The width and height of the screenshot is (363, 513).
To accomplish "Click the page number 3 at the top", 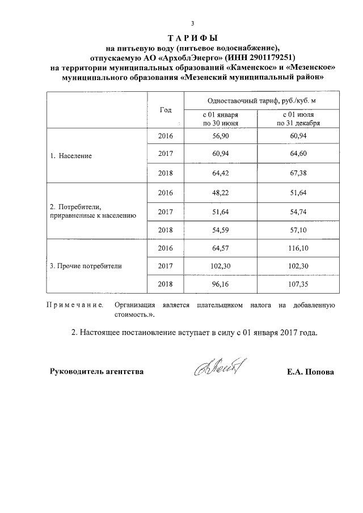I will [193, 23].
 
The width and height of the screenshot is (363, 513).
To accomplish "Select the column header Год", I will [166, 109].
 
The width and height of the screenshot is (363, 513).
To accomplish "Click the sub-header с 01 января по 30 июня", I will [221, 118].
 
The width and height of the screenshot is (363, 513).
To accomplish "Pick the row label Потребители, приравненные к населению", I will [91, 211].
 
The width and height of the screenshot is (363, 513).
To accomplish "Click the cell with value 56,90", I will [221, 137].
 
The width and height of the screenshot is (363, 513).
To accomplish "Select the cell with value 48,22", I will [221, 193].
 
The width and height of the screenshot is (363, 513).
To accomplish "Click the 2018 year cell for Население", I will [166, 173].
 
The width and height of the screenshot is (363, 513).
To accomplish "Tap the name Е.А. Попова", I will [311, 372].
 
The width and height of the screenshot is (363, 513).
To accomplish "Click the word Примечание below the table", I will [74, 305].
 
